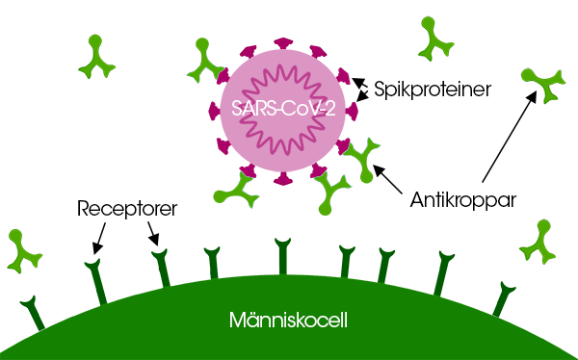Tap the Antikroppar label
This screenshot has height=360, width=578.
tap(464, 201)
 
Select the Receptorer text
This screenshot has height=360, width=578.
tap(126, 208)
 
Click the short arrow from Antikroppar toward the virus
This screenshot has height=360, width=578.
tap(389, 178)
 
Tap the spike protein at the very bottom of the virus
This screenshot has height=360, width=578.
tap(283, 178)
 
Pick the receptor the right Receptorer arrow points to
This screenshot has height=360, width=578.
tap(161, 270)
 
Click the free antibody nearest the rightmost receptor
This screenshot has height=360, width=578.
tap(539, 243)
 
